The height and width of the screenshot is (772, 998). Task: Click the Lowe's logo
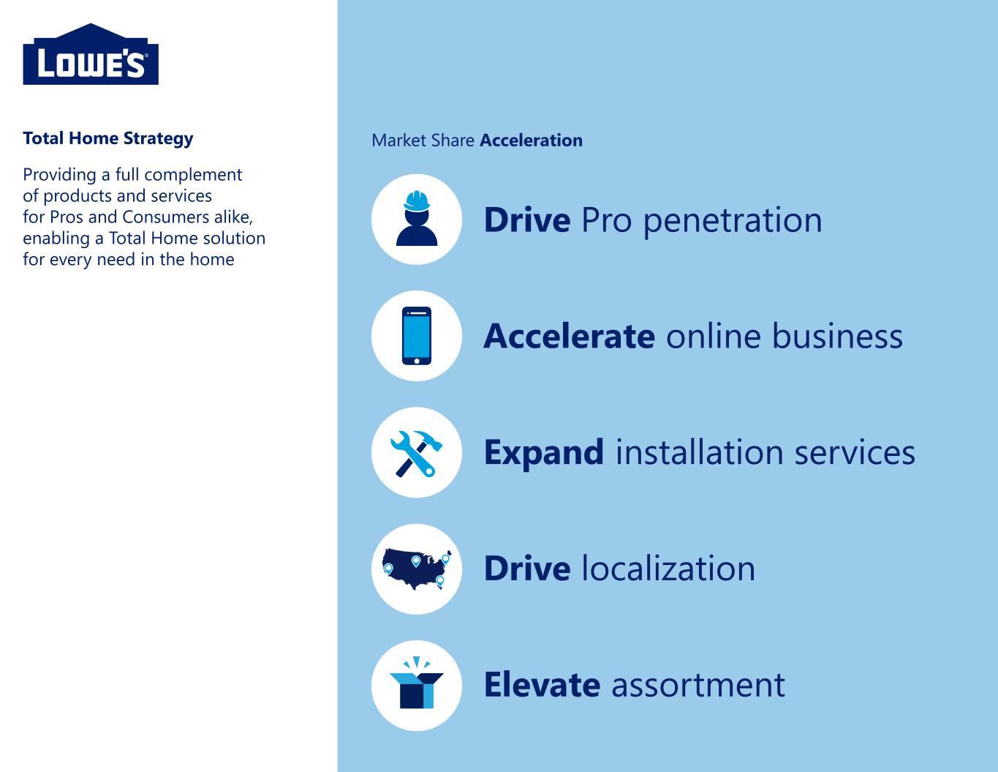[91, 54]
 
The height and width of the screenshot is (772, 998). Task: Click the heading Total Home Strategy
[108, 138]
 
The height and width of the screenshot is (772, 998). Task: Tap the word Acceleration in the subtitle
[531, 140]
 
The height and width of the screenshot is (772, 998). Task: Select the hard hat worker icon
[417, 218]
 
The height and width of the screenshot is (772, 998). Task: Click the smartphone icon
[417, 335]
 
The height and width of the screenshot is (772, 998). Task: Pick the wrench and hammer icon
[417, 453]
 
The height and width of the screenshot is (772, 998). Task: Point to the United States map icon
[417, 569]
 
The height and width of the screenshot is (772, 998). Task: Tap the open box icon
[417, 683]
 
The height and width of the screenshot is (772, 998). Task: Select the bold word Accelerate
[569, 337]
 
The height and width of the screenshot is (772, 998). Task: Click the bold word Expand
[544, 454]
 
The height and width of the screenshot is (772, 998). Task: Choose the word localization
[668, 569]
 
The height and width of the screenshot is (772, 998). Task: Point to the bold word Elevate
[542, 685]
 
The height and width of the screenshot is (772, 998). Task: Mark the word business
[837, 337]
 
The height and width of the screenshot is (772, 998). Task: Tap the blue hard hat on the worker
[417, 201]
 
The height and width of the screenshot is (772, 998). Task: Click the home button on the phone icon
[417, 361]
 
